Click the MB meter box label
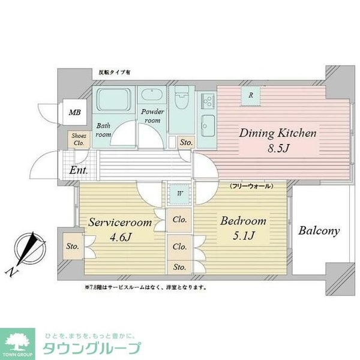click(75, 113)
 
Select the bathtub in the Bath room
click(113, 100)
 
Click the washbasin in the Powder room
click(152, 95)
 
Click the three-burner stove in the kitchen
click(208, 101)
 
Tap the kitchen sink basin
click(208, 126)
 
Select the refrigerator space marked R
click(251, 95)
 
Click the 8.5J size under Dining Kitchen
click(278, 148)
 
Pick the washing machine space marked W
click(180, 194)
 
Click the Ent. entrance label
click(79, 170)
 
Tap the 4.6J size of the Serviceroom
click(121, 237)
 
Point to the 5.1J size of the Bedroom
click(244, 235)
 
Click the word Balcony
click(319, 231)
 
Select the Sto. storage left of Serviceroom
click(73, 246)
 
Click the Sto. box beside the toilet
click(186, 142)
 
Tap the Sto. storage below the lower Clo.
click(179, 267)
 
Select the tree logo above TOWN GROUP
click(17, 341)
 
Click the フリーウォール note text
click(251, 186)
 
